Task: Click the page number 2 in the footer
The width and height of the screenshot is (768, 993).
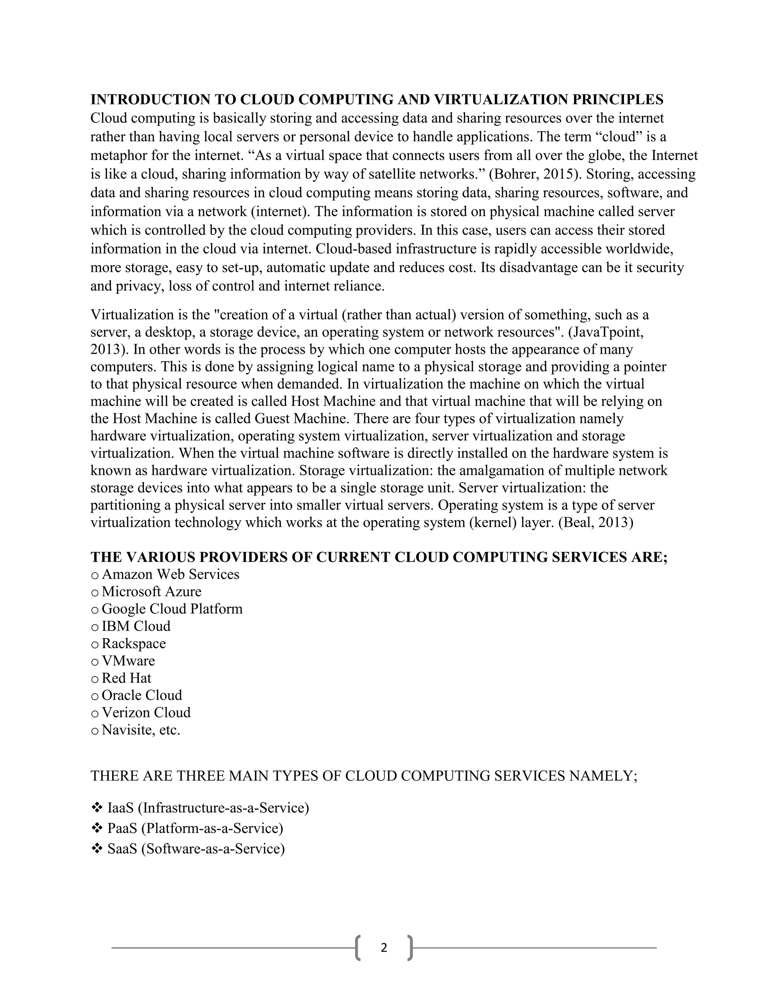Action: (x=384, y=948)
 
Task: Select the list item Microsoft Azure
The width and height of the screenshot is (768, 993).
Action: (x=151, y=592)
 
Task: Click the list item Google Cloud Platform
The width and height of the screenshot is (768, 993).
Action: (x=172, y=609)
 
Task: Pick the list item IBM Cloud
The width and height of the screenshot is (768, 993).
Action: (x=136, y=626)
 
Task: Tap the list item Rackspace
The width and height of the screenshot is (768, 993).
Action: (x=134, y=643)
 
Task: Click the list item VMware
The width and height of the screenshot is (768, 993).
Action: (x=128, y=661)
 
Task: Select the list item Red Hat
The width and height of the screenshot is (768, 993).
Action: (x=126, y=678)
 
